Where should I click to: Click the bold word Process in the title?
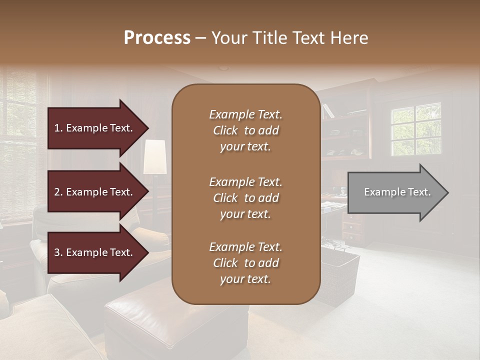coord(157,38)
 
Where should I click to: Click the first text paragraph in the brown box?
coord(245,130)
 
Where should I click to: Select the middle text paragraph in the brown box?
coord(245,197)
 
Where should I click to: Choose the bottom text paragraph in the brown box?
coord(245,263)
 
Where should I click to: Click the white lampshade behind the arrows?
coord(155,157)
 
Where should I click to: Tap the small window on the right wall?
coord(415,129)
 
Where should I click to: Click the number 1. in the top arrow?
coord(58,128)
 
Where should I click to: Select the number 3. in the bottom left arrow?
coord(58,252)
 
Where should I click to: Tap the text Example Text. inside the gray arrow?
coord(397,192)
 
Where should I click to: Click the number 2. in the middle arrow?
coord(58,192)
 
